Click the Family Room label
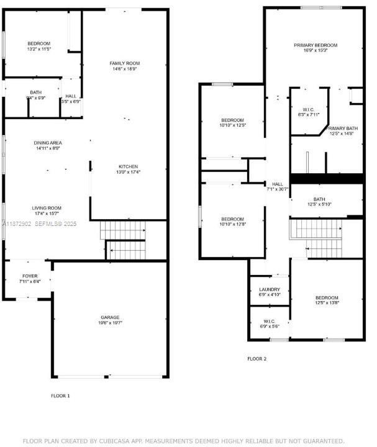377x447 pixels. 124,63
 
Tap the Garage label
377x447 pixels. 110,317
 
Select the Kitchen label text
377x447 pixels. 128,166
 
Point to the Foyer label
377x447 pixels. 29,275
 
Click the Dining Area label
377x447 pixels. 48,143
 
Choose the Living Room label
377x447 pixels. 47,208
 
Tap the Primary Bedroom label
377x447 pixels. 316,45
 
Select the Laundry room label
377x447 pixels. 269,289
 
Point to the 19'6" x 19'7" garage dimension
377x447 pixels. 110,323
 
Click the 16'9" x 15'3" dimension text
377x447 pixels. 316,51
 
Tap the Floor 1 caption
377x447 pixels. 60,395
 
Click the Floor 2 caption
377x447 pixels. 257,359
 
